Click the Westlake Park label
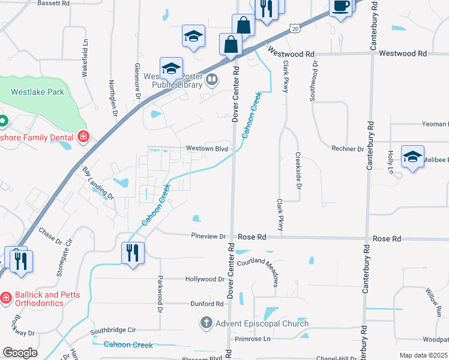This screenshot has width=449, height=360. point(37,92)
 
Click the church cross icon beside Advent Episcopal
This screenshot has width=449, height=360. point(206,323)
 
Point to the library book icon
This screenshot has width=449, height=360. point(212,79)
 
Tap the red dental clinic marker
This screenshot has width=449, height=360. point(83,137)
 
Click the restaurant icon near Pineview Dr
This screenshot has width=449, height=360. point(132,252)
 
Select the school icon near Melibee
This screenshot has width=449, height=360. point(412,157)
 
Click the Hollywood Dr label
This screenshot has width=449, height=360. point(204,279)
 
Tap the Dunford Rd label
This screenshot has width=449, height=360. point(207,304)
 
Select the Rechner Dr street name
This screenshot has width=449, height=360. point(348,148)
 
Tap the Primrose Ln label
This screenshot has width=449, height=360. point(253,338)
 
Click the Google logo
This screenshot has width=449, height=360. point(20,353)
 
